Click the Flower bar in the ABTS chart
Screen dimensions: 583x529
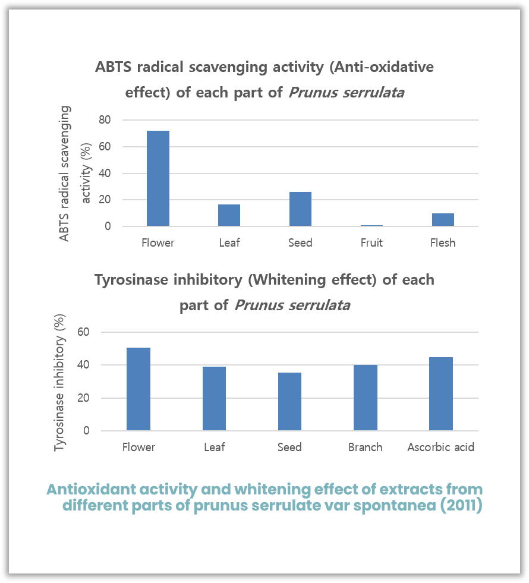coord(158,178)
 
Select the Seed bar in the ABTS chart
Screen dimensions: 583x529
coord(300,209)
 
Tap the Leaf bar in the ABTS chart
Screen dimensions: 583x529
coord(229,215)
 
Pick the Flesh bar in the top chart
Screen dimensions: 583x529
coord(443,219)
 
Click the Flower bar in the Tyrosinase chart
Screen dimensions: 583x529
coord(138,389)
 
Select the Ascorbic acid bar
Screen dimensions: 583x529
coord(440,393)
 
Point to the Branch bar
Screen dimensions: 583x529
coord(365,397)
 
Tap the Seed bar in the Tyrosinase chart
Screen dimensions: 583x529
coord(289,401)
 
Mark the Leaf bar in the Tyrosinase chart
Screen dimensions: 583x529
coord(214,398)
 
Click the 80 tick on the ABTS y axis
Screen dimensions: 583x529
coord(105,120)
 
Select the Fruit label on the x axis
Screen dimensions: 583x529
coord(371,242)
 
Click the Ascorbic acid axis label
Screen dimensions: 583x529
coord(440,447)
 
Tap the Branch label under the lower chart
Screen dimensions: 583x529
coord(365,447)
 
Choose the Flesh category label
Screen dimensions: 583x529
coord(443,242)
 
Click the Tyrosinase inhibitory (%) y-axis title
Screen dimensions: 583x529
coord(59,384)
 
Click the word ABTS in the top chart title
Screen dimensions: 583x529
coord(114,67)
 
